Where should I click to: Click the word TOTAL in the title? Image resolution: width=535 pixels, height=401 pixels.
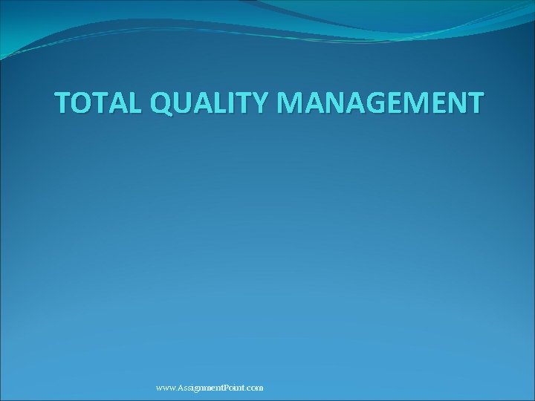click(x=98, y=103)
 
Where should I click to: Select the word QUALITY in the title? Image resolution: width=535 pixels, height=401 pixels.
click(x=210, y=103)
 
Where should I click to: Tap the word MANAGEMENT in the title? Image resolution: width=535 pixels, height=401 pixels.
click(x=380, y=103)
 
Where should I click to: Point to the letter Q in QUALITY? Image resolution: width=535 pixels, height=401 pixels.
click(x=163, y=103)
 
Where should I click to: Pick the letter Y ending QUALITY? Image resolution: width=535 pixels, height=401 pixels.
click(x=263, y=103)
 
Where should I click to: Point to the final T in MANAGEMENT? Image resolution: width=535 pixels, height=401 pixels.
click(x=473, y=103)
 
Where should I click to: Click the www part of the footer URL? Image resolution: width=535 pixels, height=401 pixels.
click(x=166, y=388)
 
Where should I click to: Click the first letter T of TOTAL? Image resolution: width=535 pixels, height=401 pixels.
click(x=65, y=103)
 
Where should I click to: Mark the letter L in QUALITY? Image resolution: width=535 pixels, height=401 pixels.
click(x=222, y=103)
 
